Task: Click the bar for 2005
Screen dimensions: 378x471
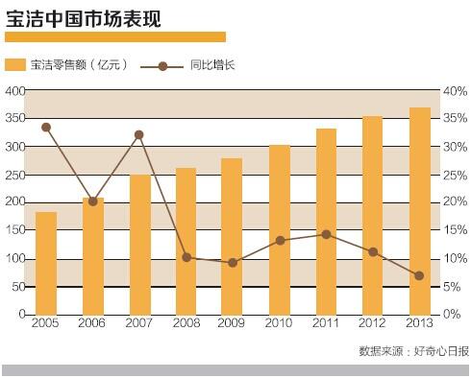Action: click(x=46, y=263)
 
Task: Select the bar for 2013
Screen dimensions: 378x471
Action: click(x=420, y=211)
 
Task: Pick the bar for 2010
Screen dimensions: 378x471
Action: click(x=280, y=229)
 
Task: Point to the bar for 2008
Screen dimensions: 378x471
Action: click(x=186, y=241)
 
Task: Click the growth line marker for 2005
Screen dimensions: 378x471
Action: click(x=46, y=127)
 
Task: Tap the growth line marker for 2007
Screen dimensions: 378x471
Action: click(x=139, y=134)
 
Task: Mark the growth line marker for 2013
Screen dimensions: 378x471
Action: click(x=420, y=276)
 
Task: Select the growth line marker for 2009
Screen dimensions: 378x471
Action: click(x=233, y=262)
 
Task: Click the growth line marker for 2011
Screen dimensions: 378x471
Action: click(x=327, y=234)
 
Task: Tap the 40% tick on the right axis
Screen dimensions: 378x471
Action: click(x=455, y=90)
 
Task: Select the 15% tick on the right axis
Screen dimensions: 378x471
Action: click(x=455, y=230)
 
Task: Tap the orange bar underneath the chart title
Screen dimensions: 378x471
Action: click(x=115, y=36)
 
